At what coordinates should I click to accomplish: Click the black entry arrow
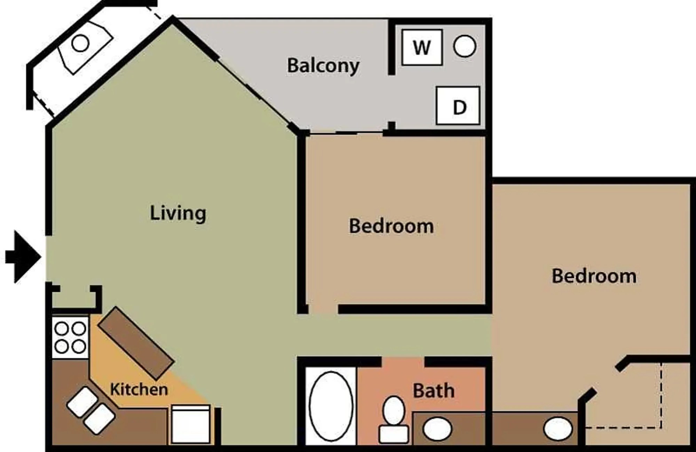click(23, 257)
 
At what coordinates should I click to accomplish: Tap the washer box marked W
click(422, 47)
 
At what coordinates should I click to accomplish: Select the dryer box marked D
click(458, 106)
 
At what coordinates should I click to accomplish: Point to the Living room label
click(178, 213)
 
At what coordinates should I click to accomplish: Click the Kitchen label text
click(139, 389)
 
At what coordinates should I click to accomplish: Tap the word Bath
click(433, 390)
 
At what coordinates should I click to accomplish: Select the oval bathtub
click(331, 406)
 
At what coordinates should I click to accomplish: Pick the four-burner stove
click(70, 337)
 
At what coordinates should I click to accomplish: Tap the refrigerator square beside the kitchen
click(190, 425)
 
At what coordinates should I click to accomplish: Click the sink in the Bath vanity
click(437, 429)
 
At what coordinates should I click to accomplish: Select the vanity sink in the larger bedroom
click(557, 429)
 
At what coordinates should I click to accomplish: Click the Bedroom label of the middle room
click(391, 226)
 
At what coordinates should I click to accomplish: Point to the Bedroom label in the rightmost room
click(594, 276)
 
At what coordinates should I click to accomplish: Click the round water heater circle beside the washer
click(465, 46)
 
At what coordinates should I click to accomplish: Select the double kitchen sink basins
click(91, 411)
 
